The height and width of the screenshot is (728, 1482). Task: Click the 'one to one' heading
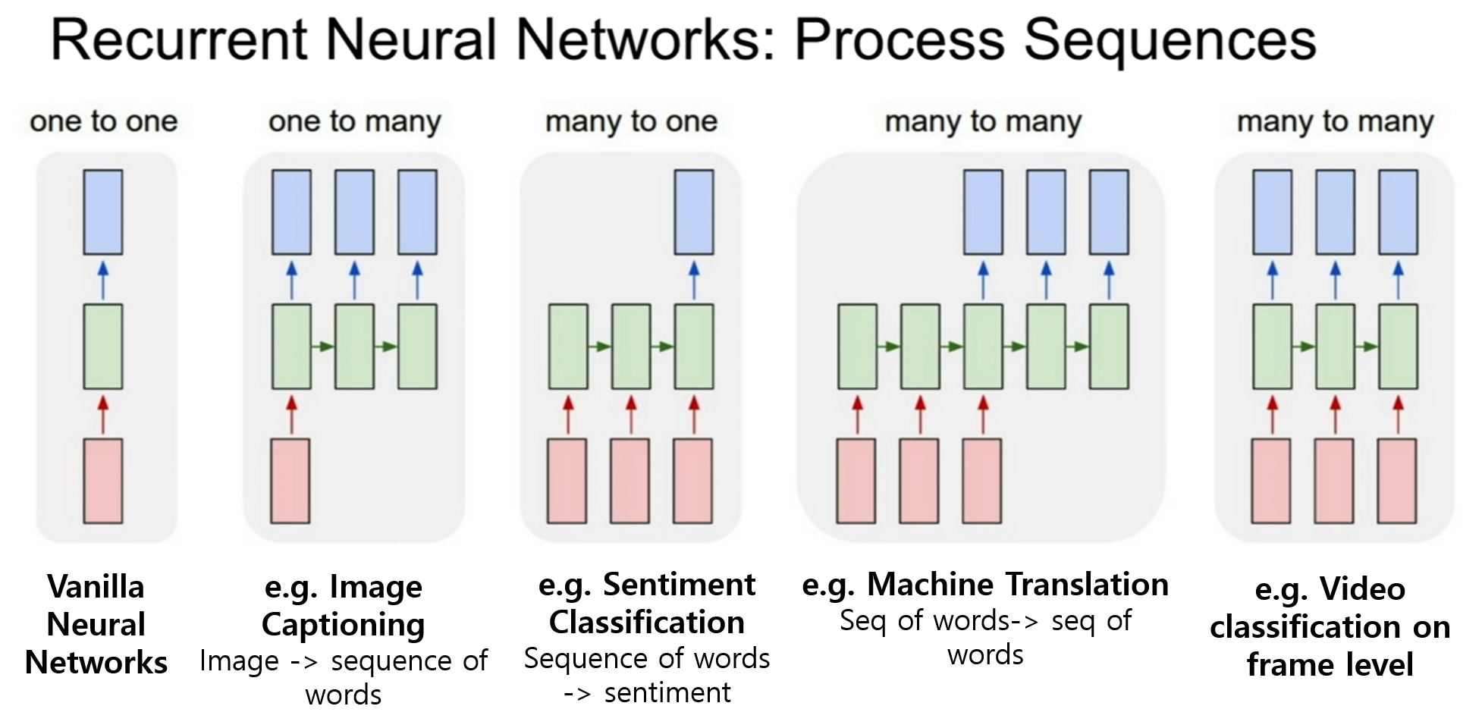pyautogui.click(x=104, y=121)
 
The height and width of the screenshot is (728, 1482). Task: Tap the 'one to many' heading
pyautogui.click(x=355, y=122)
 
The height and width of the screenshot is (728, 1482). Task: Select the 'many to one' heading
pyautogui.click(x=632, y=122)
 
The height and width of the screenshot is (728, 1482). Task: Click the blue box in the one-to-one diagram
pyautogui.click(x=103, y=212)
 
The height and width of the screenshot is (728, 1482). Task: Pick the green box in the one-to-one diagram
pyautogui.click(x=103, y=347)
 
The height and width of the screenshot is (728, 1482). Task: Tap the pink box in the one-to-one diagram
pyautogui.click(x=103, y=481)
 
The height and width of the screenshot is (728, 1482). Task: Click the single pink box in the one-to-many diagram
pyautogui.click(x=290, y=481)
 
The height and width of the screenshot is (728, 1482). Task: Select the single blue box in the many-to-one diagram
pyautogui.click(x=694, y=212)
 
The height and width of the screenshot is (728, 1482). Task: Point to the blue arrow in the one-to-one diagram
pyautogui.click(x=103, y=280)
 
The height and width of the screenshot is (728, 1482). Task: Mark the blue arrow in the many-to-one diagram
pyautogui.click(x=694, y=280)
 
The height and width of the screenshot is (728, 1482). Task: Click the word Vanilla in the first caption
pyautogui.click(x=96, y=587)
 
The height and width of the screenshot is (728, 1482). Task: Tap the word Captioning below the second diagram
pyautogui.click(x=344, y=626)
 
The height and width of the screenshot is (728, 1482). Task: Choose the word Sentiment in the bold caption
pyautogui.click(x=680, y=585)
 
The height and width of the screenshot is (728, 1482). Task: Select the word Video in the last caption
pyautogui.click(x=1363, y=589)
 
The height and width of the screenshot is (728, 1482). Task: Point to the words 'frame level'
pyautogui.click(x=1330, y=665)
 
